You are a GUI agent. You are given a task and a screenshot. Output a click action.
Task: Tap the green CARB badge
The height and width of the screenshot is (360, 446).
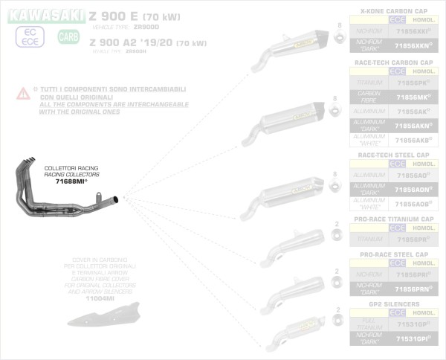[68, 36]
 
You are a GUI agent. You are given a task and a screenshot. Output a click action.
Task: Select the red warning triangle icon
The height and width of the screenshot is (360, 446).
[25, 93]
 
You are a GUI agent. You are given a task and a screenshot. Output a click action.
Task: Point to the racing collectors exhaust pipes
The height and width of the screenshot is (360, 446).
[67, 196]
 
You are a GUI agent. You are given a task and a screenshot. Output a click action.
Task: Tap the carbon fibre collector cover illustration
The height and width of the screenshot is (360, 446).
[97, 317]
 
